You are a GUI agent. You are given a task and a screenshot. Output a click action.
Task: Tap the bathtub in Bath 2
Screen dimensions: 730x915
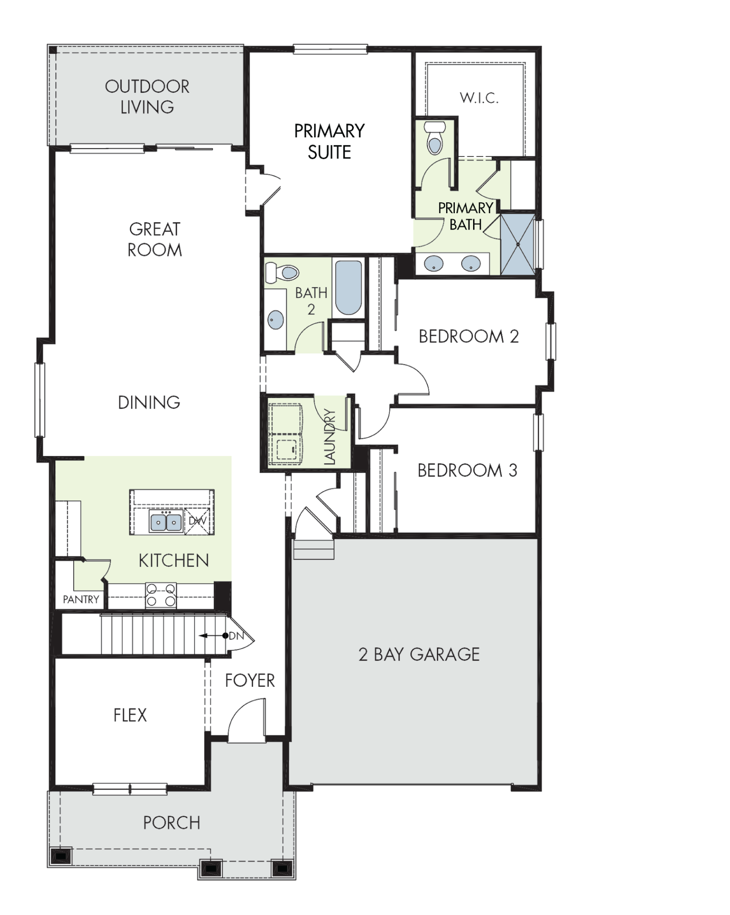tap(348, 288)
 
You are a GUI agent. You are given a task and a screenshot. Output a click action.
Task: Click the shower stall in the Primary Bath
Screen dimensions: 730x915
tap(518, 244)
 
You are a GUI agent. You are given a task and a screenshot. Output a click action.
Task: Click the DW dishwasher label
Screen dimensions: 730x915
tap(197, 521)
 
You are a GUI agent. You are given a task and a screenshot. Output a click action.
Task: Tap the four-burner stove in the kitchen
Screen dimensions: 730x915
tap(161, 595)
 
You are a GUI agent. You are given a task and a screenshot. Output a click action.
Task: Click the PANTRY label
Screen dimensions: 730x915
tap(81, 599)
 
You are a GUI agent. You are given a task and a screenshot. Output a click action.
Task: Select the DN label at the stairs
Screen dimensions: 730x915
tap(236, 636)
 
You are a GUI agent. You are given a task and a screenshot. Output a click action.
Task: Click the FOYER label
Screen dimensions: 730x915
tap(250, 681)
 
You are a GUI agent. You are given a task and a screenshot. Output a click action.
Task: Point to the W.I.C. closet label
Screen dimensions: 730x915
tap(479, 97)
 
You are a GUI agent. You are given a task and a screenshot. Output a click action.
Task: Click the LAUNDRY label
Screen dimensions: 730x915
tap(330, 437)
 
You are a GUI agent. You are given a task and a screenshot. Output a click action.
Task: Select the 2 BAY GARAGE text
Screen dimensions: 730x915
tap(419, 655)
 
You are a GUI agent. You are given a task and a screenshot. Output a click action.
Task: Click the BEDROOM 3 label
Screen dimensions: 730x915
tap(467, 470)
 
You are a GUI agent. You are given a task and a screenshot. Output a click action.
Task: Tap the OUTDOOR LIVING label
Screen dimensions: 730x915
tap(147, 97)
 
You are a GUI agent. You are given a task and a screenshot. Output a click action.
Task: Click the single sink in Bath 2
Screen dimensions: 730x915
tap(276, 319)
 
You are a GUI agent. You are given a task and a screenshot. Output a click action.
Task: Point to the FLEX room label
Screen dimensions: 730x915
tap(130, 715)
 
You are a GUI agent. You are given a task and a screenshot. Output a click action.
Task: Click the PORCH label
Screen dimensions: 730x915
tap(172, 823)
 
